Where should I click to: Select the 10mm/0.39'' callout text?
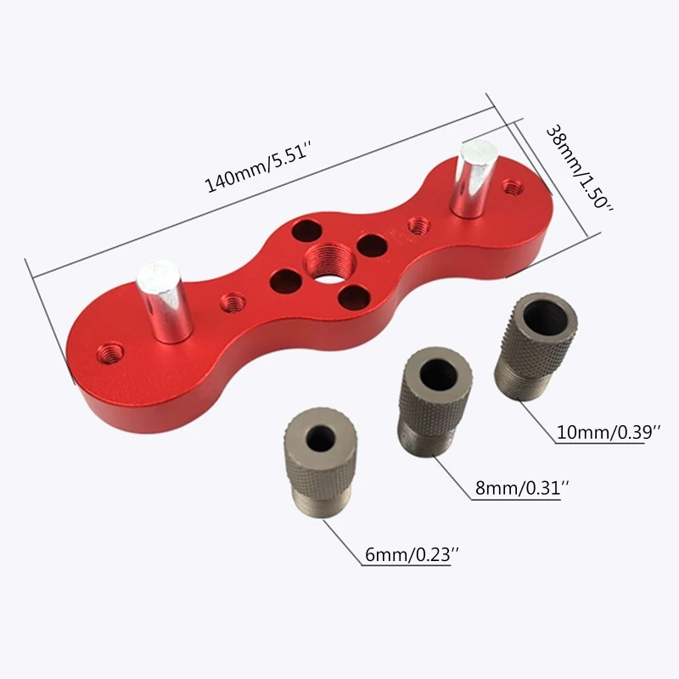(609, 432)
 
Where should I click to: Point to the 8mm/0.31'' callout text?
(521, 488)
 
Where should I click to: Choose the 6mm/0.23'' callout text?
(412, 554)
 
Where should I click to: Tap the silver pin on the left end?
(163, 301)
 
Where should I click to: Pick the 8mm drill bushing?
(435, 401)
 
